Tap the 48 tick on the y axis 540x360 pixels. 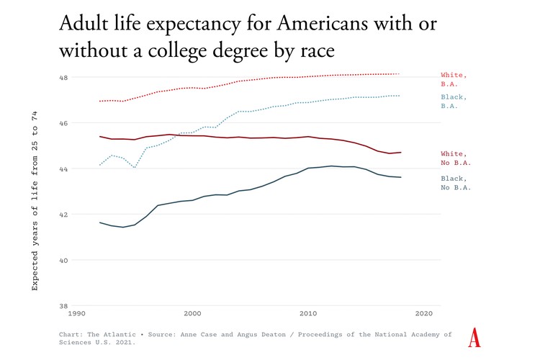tap(63, 77)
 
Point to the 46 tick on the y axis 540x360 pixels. tap(63, 123)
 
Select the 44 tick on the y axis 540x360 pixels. tap(63, 168)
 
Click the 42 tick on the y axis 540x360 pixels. tap(63, 215)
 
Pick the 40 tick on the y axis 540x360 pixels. tap(63, 260)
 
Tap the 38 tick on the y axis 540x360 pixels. tap(63, 305)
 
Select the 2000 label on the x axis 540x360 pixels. tap(192, 314)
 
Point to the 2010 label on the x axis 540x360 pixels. tap(308, 314)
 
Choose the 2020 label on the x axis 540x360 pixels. tap(424, 314)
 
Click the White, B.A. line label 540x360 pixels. tap(454, 79)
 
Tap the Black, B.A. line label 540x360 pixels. tap(454, 102)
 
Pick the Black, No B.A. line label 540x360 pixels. tap(456, 183)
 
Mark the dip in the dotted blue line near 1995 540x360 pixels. tap(135, 168)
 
